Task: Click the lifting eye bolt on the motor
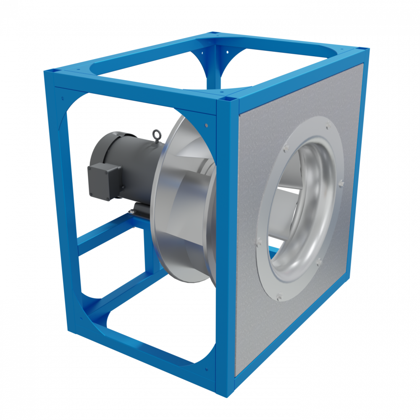158,134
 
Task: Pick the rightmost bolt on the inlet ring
341,183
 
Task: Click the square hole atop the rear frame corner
215,32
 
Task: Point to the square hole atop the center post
228,100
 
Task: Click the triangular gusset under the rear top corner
214,63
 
